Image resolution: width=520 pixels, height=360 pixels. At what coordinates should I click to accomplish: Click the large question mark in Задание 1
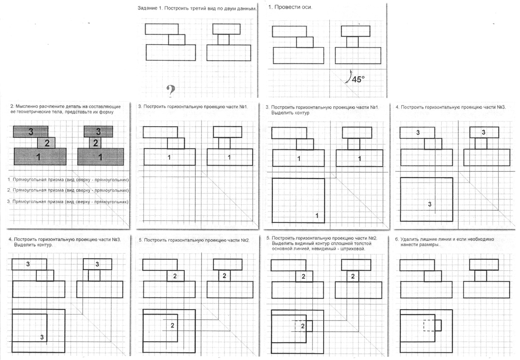click(171, 91)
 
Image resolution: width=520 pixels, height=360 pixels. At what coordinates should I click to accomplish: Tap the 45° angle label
click(358, 79)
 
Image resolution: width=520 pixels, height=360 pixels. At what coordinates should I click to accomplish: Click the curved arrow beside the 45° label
click(348, 77)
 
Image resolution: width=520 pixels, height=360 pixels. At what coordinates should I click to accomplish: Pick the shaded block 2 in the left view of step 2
click(46, 143)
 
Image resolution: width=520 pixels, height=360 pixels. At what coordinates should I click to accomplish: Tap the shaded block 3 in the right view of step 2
click(98, 132)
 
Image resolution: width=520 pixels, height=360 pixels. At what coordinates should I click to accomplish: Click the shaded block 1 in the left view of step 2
click(40, 157)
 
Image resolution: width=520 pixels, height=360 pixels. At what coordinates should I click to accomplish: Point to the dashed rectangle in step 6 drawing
click(429, 325)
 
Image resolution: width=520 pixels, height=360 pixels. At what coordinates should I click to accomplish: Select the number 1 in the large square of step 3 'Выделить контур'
click(317, 216)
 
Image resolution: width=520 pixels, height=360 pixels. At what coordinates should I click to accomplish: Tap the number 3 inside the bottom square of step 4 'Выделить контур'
click(42, 337)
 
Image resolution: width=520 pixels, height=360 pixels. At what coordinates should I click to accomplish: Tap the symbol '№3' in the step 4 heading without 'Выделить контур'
click(501, 107)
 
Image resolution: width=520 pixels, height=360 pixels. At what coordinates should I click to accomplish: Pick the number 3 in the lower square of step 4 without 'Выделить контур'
click(430, 204)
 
